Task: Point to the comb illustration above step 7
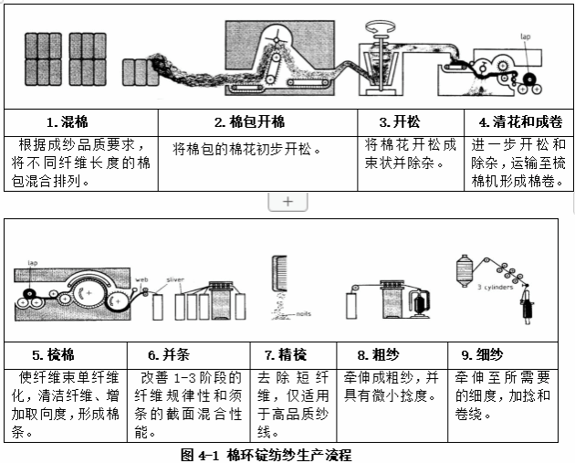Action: point(281,273)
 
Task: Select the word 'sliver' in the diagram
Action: point(175,279)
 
